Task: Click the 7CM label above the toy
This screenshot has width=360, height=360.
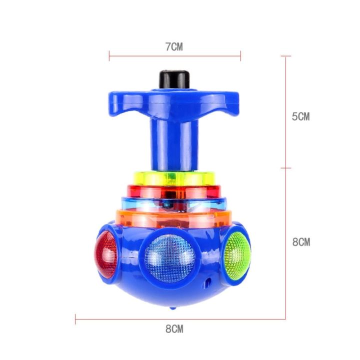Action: pos(174,47)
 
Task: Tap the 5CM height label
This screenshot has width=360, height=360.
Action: pos(301,116)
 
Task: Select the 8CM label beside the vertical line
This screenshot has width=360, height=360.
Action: pos(301,242)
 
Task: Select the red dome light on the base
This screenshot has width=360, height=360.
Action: pos(106,254)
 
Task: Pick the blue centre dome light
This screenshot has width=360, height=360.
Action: pos(170,258)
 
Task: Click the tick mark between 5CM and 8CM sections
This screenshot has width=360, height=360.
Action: pos(285,168)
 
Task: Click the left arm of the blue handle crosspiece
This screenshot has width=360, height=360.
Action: pos(125,102)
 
